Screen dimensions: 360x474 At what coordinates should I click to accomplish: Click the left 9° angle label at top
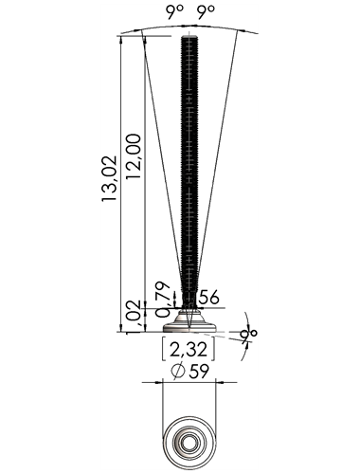(x=174, y=12)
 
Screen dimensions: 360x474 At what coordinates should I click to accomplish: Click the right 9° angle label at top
(x=206, y=12)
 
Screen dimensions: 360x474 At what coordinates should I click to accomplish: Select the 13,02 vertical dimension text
(x=109, y=178)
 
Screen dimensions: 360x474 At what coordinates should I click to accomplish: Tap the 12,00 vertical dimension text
(x=134, y=156)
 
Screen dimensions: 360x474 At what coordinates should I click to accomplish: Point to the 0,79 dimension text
(x=164, y=300)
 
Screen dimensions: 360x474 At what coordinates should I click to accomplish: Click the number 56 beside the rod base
(x=209, y=297)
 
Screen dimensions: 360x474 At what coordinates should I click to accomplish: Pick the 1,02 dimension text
(x=135, y=317)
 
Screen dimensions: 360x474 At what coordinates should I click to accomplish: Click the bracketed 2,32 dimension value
(x=189, y=350)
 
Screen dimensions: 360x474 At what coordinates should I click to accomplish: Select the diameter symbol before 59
(x=178, y=371)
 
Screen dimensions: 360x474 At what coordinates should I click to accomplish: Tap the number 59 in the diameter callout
(x=199, y=371)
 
